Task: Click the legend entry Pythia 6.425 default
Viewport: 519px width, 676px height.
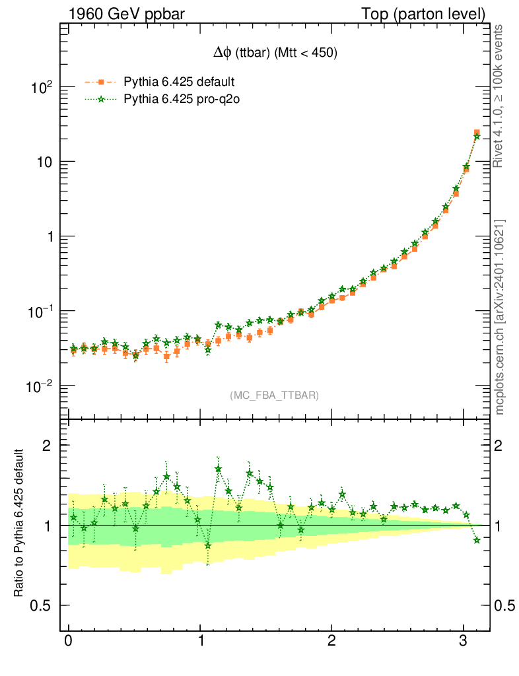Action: tap(179, 83)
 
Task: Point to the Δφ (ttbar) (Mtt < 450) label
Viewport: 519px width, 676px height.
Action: tap(272, 55)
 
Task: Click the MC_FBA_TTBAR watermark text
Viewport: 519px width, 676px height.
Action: tap(275, 395)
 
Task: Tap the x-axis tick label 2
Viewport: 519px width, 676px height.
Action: tap(331, 642)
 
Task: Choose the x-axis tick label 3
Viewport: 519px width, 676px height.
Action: tap(464, 642)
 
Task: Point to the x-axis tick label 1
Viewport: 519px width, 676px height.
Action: tap(200, 642)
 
